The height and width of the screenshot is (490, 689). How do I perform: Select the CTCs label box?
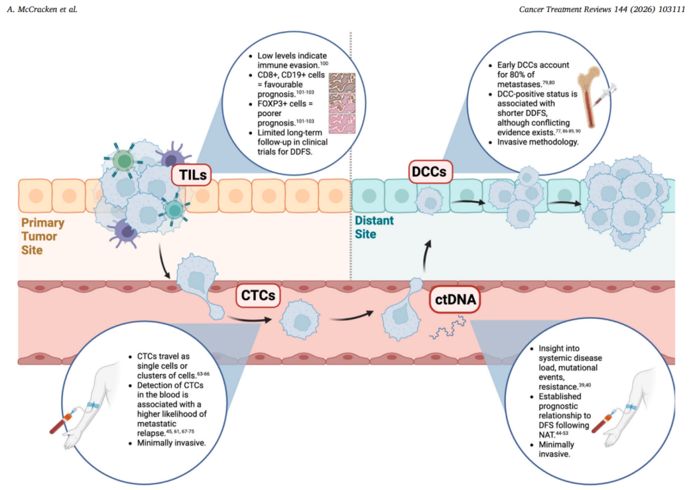pos(258,297)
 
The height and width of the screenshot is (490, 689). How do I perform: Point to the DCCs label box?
pos(429,172)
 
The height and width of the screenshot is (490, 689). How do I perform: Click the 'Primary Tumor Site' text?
pos(43,236)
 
